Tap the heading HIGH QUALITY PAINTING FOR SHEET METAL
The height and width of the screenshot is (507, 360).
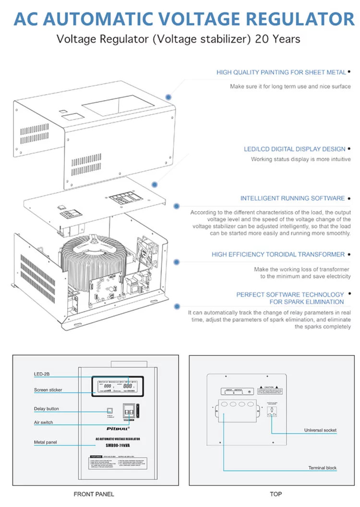pos(281,72)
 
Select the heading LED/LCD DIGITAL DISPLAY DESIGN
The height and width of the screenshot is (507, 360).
pos(294,149)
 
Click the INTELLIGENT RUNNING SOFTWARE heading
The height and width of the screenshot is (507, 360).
pos(292,198)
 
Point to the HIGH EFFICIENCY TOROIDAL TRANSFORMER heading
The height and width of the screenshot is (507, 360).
pos(278,255)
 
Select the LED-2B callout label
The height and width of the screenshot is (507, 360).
pos(40,374)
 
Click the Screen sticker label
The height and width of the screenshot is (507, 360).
pos(48,390)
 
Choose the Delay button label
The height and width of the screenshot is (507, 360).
pos(47,409)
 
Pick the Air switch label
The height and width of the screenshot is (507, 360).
pos(43,423)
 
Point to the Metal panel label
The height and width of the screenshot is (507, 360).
pos(45,442)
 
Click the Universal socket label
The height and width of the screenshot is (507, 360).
pos(320,430)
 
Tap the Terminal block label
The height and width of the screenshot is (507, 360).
pos(322,468)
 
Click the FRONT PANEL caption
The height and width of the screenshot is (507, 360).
pos(94,494)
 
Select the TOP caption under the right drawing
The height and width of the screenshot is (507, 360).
pos(276,494)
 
